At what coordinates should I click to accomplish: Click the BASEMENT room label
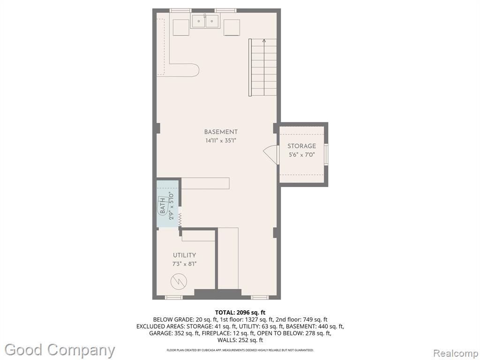coord(221,132)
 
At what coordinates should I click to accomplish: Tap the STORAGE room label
coord(301,146)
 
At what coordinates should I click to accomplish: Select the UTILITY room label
coord(184,255)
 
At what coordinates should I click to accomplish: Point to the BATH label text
coord(163,206)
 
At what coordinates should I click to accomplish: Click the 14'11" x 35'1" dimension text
coord(221,141)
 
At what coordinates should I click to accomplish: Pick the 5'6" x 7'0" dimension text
coord(301,155)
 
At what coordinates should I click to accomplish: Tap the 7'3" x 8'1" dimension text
coord(184,264)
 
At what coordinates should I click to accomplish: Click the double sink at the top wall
coord(205,21)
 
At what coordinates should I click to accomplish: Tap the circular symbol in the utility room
coord(179,281)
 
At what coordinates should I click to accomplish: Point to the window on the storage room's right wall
coord(326,154)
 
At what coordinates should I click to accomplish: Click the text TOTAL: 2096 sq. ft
coord(240,313)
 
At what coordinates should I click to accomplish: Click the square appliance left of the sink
coord(181,27)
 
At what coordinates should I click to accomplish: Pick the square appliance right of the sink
coord(232,28)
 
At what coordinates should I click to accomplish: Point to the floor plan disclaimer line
coord(240,350)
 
